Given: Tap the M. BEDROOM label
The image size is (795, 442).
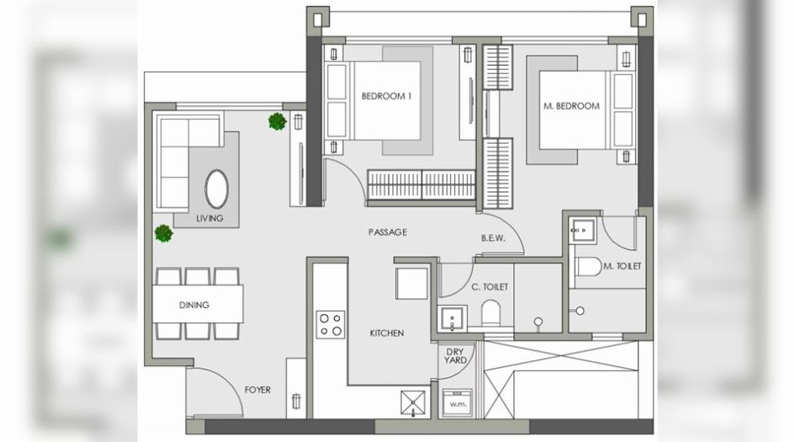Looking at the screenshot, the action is click(x=571, y=106).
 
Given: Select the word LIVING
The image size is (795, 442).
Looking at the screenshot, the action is click(x=209, y=218).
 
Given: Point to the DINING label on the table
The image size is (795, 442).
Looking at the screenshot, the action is click(x=194, y=305).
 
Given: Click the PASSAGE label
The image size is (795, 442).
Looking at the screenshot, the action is click(x=388, y=232).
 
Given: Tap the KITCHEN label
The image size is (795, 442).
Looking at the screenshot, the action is click(x=387, y=333).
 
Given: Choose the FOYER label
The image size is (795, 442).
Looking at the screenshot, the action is click(x=257, y=390).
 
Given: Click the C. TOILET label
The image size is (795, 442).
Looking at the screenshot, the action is click(x=490, y=287).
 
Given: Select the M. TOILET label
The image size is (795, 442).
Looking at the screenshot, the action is click(x=622, y=266).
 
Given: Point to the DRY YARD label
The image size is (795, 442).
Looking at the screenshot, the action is click(x=455, y=356).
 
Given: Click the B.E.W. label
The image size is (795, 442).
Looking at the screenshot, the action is click(x=493, y=238).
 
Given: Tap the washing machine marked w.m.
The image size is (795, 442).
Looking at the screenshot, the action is click(x=458, y=403).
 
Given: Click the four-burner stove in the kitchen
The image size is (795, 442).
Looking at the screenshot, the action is click(x=331, y=325).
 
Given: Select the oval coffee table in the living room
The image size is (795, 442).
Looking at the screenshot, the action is click(x=216, y=189).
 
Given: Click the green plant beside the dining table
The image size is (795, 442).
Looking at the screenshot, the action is click(x=164, y=233).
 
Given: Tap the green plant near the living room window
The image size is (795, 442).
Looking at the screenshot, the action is click(x=278, y=121).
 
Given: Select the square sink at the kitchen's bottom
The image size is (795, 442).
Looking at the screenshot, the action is click(x=413, y=404).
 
